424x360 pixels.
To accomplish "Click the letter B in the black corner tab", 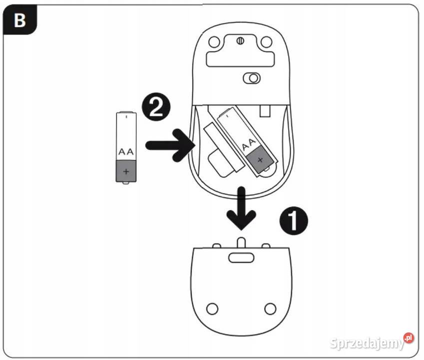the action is tap(20, 20).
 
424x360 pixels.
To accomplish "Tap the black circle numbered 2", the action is tap(156, 107).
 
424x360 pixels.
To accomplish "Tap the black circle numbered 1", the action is tap(294, 220).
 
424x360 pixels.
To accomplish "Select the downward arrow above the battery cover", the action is tap(241, 208).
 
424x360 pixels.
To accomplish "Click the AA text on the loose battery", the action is tap(126, 151).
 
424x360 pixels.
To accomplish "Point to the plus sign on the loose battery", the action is tap(126, 171).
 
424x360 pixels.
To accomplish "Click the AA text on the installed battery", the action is tap(249, 144).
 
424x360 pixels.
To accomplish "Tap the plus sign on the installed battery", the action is tap(260, 159).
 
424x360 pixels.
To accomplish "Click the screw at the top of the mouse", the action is tap(240, 41).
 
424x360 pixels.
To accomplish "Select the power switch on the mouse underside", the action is tap(252, 78).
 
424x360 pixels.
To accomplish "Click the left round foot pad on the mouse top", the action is tap(214, 42).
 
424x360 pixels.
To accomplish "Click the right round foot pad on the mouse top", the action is tap(267, 42).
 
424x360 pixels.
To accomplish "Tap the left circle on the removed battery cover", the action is tap(212, 308).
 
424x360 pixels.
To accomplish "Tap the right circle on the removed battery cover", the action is tap(270, 308).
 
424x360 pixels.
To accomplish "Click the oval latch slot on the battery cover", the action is tap(241, 257).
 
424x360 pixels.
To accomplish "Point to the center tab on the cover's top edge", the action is tap(241, 242).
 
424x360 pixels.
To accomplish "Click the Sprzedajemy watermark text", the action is tap(367, 343).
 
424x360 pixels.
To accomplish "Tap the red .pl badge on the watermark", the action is tap(409, 338).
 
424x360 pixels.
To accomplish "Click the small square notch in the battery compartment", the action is tap(265, 111).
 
